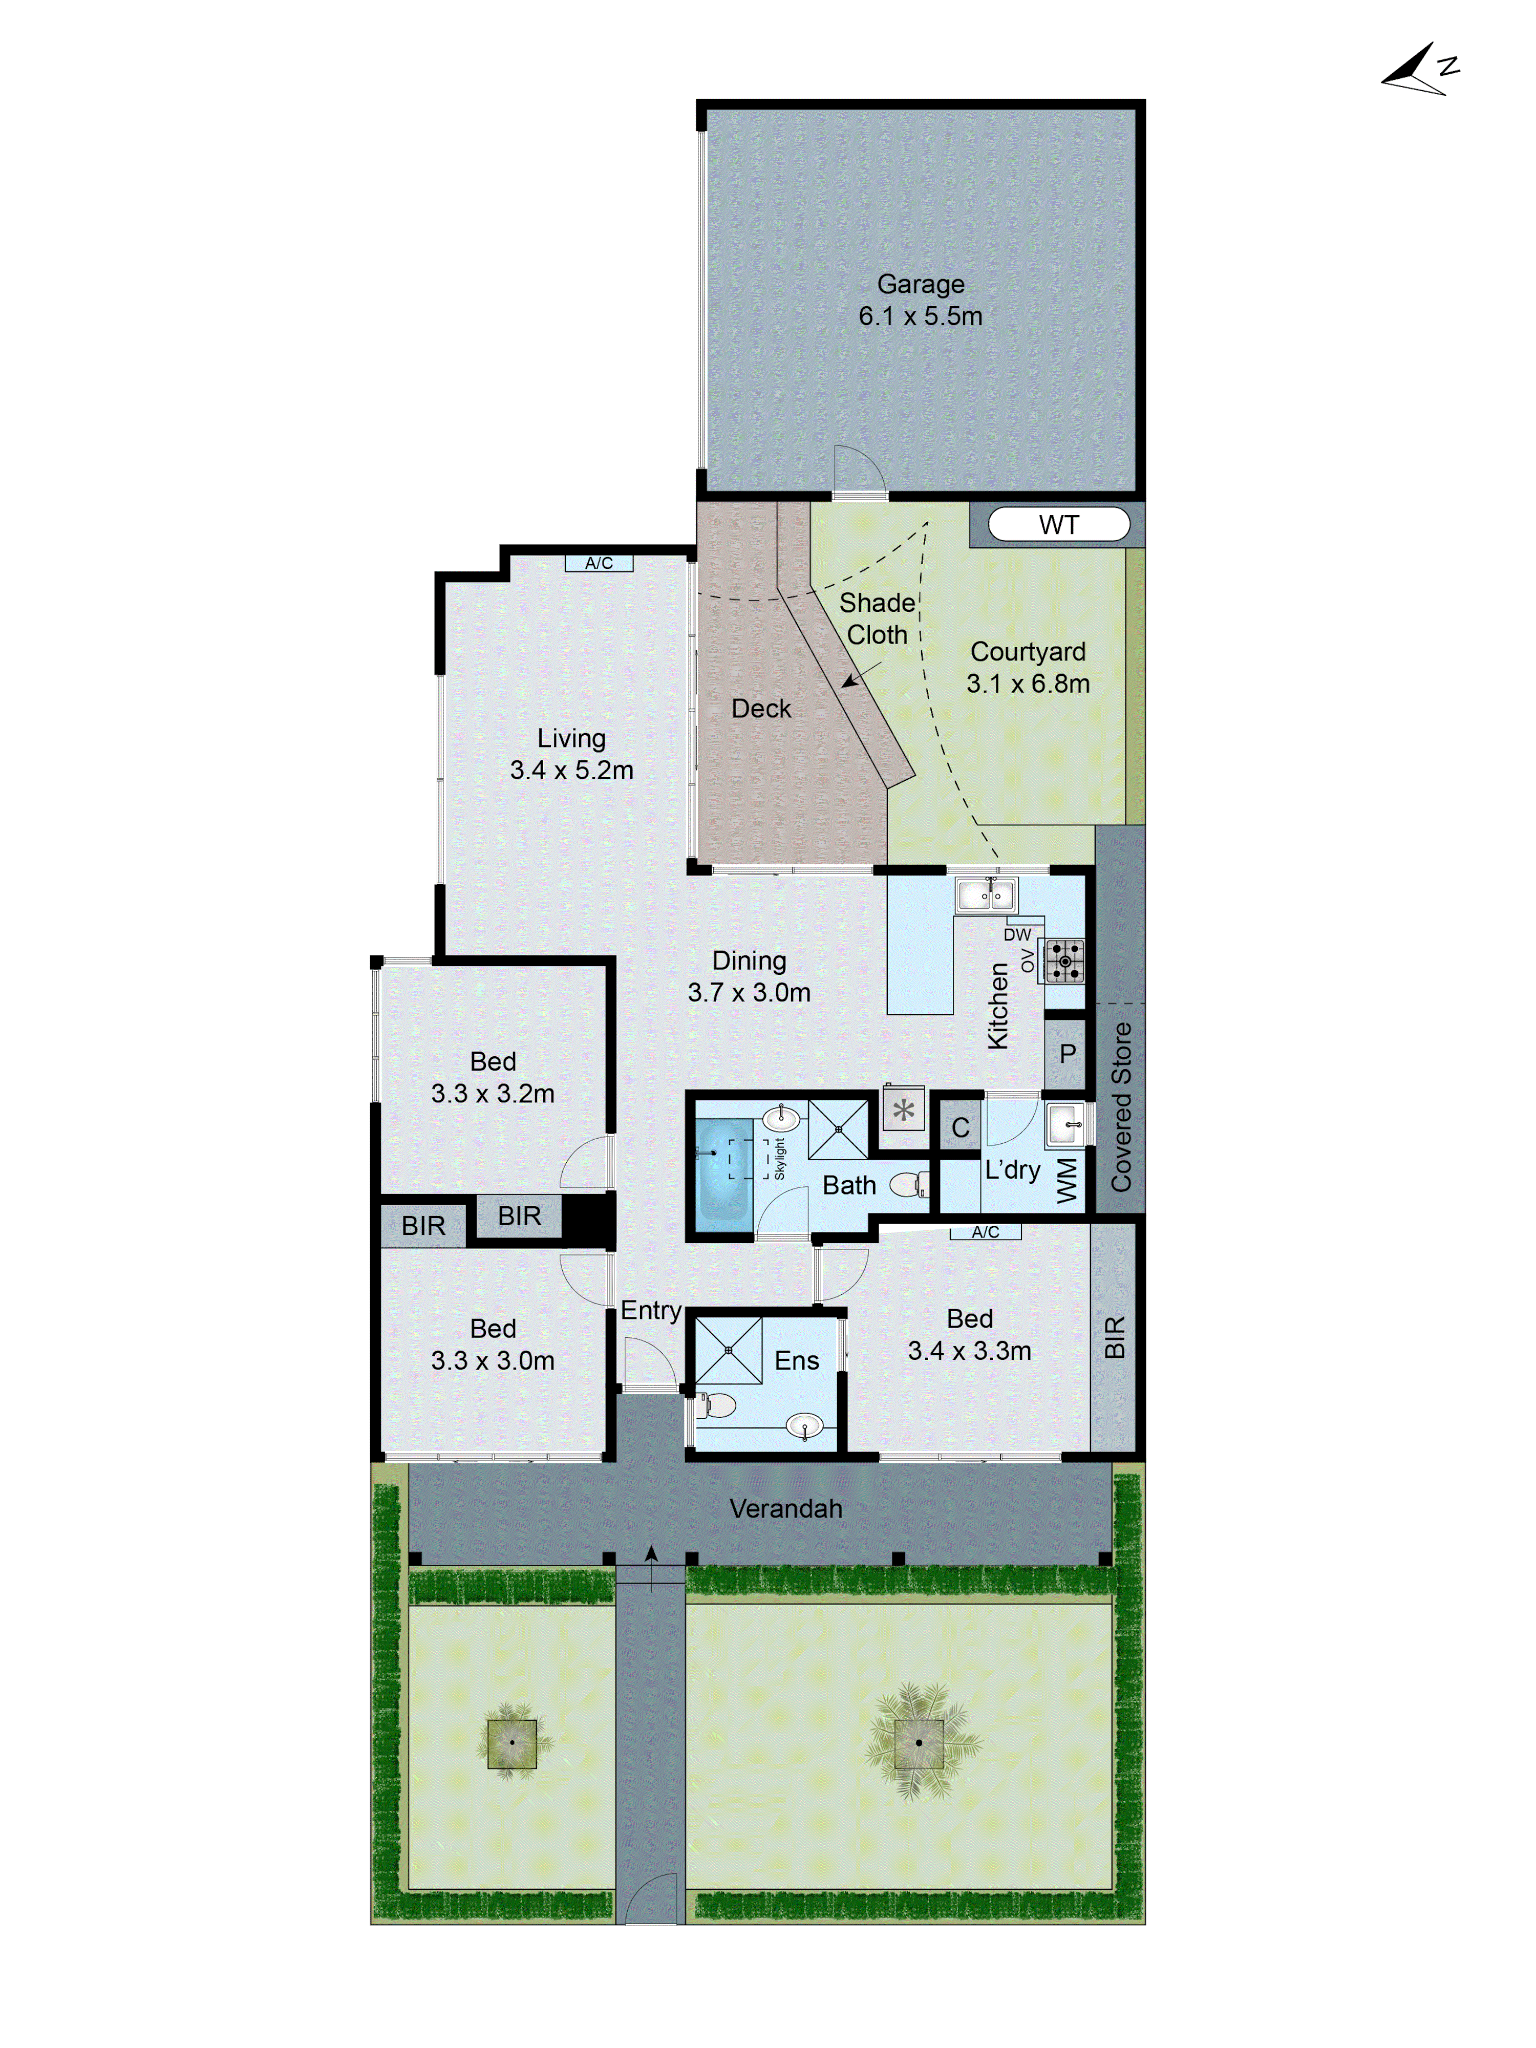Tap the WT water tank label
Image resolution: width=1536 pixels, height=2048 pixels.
[1058, 525]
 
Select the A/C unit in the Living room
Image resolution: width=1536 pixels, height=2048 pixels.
[599, 563]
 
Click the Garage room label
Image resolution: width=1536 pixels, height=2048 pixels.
[920, 284]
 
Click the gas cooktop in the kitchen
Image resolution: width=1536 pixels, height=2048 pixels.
[1065, 961]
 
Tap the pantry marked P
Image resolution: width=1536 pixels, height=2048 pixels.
[1066, 1054]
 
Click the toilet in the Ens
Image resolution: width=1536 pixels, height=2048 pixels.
[716, 1405]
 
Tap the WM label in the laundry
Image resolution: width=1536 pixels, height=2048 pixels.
[1066, 1181]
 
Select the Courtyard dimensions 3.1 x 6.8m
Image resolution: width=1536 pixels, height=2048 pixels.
[1028, 684]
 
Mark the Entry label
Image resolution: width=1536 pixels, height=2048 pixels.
[651, 1310]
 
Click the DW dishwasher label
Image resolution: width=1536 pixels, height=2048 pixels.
[1017, 935]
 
